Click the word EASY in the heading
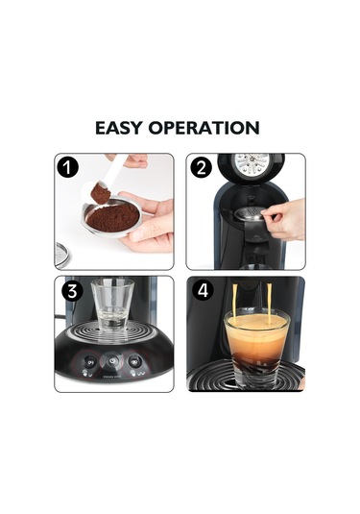pyautogui.click(x=126, y=128)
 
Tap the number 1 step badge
pyautogui.click(x=68, y=168)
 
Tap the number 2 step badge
pyautogui.click(x=200, y=168)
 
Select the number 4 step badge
pyautogui.click(x=200, y=291)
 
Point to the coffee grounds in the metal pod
pyautogui.click(x=107, y=219)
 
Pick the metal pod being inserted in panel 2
pyautogui.click(x=251, y=218)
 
